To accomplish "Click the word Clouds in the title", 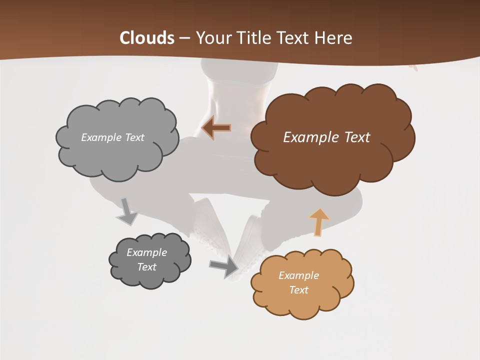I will [147, 38].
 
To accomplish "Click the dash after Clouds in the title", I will [184, 38].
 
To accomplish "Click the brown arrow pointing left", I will [216, 128].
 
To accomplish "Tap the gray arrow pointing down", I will [127, 211].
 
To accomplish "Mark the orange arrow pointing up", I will [318, 221].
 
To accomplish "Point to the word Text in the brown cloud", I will [354, 137].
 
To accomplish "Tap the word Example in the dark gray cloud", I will [146, 252].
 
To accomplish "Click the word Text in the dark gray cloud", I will [146, 267].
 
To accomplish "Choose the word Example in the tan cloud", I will [298, 275].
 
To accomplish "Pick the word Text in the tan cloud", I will [298, 290].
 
